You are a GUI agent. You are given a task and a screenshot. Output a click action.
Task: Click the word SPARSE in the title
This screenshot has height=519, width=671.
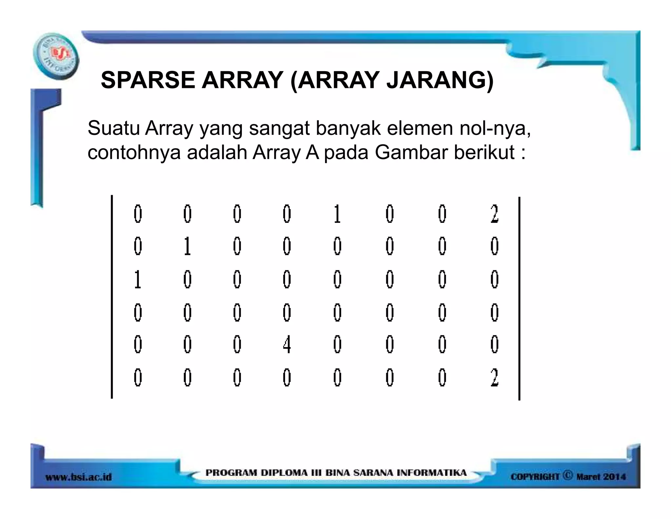[148, 80]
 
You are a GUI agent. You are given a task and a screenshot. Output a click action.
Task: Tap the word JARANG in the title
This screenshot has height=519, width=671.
[439, 80]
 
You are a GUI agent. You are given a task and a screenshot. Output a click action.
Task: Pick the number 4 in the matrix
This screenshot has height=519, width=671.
[287, 345]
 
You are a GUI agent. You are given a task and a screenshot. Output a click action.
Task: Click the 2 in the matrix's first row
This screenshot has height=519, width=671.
[494, 214]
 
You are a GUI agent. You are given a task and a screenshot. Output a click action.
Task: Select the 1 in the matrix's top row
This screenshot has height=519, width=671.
[337, 214]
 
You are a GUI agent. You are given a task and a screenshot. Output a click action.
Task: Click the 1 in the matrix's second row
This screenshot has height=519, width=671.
[187, 246]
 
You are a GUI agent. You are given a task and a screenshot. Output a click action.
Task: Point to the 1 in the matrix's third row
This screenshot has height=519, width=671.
[138, 280]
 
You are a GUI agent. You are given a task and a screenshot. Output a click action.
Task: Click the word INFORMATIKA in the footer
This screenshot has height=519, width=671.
[431, 473]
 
